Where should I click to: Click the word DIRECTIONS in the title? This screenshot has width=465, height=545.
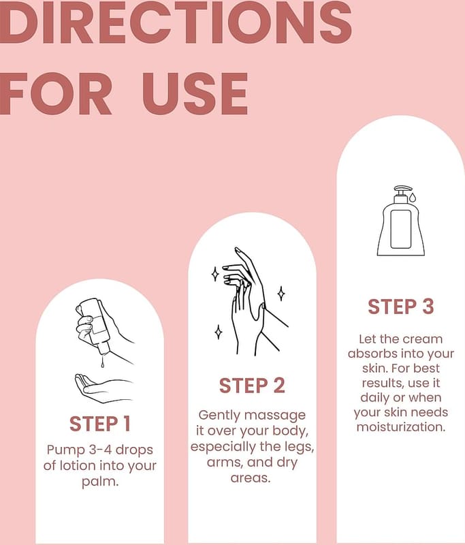pos(176,22)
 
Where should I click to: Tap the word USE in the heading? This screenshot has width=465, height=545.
pos(195,94)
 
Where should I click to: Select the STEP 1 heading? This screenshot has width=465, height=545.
pos(99,424)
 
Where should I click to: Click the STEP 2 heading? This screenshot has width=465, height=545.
pos(252,386)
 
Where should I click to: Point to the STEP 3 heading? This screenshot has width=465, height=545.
pos(401,307)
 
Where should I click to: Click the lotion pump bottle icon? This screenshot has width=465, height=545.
pos(401,221)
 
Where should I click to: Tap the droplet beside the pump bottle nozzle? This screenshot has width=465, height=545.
pos(412,198)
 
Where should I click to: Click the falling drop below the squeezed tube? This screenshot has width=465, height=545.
pos(102,362)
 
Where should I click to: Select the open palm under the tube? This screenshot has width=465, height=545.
pos(103,388)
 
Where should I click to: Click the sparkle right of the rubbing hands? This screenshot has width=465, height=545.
pos(281,294)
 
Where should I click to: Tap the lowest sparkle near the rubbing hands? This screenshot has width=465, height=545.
pos(218,332)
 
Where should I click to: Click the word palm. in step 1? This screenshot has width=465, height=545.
pos(100,482)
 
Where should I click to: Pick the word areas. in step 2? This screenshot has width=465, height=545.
pos(251,478)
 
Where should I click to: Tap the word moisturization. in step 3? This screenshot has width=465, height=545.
pos(401,427)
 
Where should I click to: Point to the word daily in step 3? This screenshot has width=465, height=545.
pos(374,398)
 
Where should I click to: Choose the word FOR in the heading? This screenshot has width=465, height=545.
pos(56,94)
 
